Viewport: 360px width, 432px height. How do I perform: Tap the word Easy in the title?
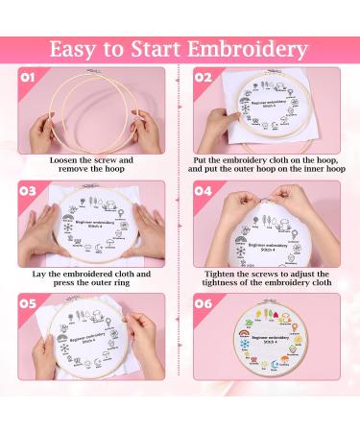tap(81, 48)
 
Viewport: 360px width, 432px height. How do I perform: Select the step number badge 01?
tap(30, 78)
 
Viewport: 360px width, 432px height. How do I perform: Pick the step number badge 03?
tap(30, 192)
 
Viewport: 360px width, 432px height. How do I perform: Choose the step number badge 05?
tap(30, 305)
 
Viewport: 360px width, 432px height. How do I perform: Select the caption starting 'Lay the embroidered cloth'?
tap(91, 278)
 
